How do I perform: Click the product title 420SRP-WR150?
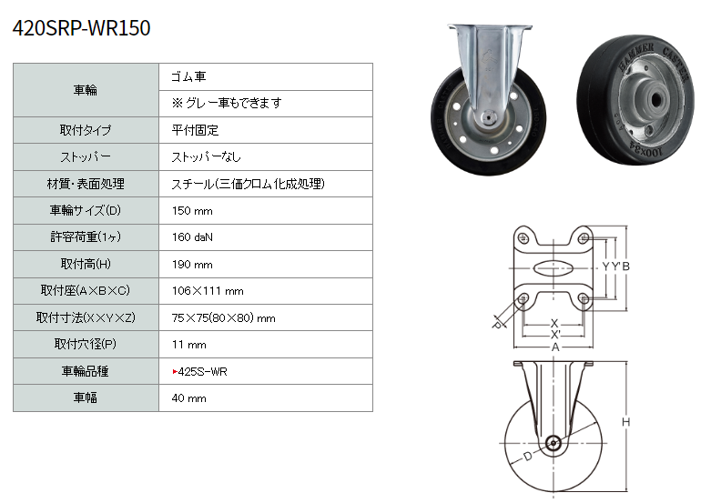pyautogui.click(x=82, y=28)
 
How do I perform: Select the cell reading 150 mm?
pyautogui.click(x=192, y=211)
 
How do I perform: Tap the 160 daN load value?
pyautogui.click(x=192, y=237)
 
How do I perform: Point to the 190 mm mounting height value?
pyautogui.click(x=192, y=264)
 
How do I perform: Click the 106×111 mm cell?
pyautogui.click(x=208, y=291)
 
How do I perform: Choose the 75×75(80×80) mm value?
pyautogui.click(x=224, y=317)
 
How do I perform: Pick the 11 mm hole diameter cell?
pyautogui.click(x=189, y=345)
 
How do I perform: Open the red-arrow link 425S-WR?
pyautogui.click(x=200, y=372)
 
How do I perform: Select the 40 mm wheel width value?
pyautogui.click(x=189, y=398)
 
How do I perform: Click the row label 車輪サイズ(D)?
pyautogui.click(x=86, y=210)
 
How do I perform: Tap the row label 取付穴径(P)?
pyautogui.click(x=86, y=344)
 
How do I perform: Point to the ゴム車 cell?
pyautogui.click(x=188, y=76)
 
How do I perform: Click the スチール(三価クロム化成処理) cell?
pyautogui.click(x=248, y=184)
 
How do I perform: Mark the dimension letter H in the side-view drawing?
pyautogui.click(x=625, y=422)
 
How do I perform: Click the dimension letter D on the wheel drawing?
pyautogui.click(x=528, y=457)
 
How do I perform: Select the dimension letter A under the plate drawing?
pyautogui.click(x=555, y=347)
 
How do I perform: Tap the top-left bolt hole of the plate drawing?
pyautogui.click(x=523, y=237)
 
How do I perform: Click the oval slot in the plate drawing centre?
pyautogui.click(x=554, y=267)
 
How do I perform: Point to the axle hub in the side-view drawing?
pyautogui.click(x=553, y=443)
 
